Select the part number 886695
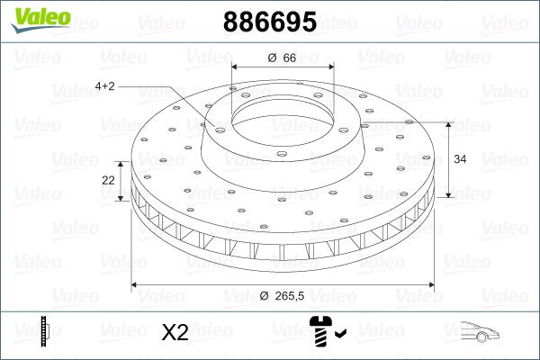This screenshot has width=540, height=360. [269, 22]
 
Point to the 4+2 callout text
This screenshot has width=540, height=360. [105, 86]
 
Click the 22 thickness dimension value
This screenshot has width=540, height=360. [109, 180]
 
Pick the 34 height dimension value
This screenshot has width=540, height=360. [461, 159]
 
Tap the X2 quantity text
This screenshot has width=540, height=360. [174, 333]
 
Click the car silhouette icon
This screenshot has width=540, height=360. [476, 332]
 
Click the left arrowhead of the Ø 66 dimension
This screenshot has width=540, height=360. [237, 67]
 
